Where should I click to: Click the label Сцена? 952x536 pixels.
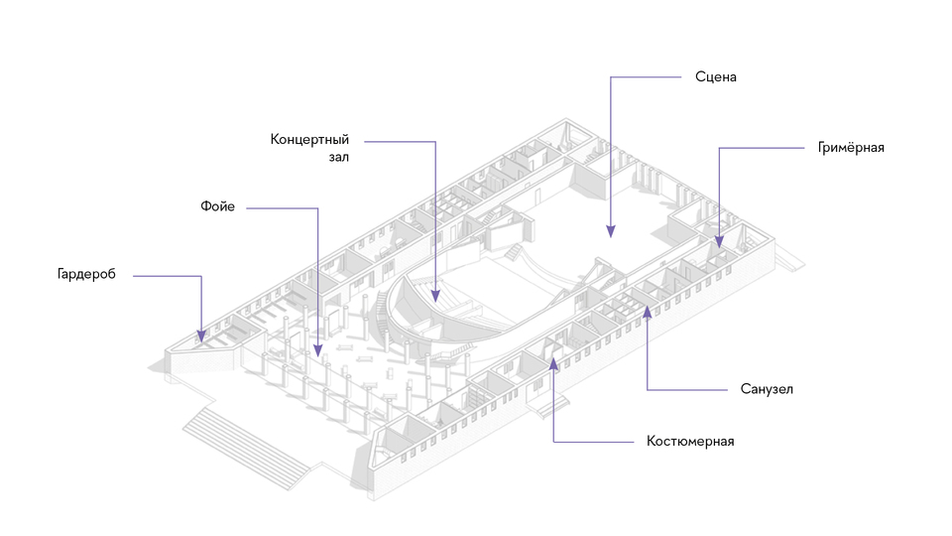tap(716, 77)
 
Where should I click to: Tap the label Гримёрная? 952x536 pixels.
tap(851, 148)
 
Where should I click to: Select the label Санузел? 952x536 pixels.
tap(767, 389)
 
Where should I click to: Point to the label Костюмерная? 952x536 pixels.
tap(690, 441)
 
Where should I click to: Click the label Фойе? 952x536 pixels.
tap(217, 206)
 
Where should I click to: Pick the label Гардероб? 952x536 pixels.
tap(86, 274)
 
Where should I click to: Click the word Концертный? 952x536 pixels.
tap(309, 140)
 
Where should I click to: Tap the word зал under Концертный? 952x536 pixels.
tap(339, 158)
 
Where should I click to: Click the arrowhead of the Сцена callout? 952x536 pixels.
tap(611, 231)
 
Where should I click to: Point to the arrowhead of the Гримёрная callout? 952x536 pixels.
tap(719, 242)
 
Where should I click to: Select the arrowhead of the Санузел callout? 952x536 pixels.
tap(648, 311)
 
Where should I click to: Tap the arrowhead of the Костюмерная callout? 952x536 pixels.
tap(553, 363)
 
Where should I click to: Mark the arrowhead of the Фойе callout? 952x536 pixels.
tap(317, 350)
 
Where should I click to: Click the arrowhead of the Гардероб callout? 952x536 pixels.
tap(201, 336)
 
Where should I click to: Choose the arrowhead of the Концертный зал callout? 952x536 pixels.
tap(435, 296)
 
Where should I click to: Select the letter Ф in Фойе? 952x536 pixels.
tap(205, 206)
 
